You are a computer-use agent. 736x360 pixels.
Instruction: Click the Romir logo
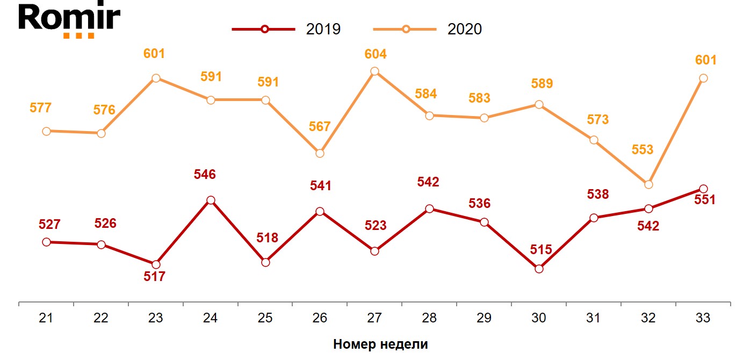(69, 20)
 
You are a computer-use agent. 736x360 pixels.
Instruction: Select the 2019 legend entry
(287, 29)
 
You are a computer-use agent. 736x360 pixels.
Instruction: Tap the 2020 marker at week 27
(375, 71)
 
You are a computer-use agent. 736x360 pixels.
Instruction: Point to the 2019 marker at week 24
(211, 200)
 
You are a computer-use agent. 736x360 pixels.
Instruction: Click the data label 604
(376, 54)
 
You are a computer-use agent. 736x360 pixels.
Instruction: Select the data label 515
(539, 250)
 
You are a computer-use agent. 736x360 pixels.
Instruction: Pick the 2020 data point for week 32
(648, 184)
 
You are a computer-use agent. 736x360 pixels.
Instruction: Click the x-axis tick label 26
(320, 318)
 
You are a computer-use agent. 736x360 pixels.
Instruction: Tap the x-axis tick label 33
(703, 318)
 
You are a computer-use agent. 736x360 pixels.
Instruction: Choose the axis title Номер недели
(380, 344)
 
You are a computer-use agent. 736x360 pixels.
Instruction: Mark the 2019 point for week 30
(539, 269)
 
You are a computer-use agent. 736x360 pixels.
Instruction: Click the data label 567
(320, 127)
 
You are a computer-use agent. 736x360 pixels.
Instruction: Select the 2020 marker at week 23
(156, 78)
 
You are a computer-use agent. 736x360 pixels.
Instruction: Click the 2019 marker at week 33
(703, 189)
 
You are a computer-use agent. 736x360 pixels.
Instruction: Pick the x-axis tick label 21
(46, 318)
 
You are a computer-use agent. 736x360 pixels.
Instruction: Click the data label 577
(40, 108)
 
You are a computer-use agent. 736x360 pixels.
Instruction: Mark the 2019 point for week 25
(265, 262)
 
